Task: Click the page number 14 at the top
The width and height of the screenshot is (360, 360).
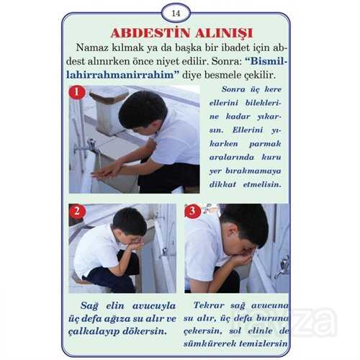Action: click(176, 14)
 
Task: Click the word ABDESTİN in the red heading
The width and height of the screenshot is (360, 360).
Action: click(150, 33)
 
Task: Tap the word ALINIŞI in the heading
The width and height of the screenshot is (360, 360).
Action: click(224, 33)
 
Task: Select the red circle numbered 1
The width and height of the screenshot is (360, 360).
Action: click(77, 92)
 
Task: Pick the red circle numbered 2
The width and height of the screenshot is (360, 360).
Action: click(77, 212)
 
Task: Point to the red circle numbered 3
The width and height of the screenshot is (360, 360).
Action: click(192, 211)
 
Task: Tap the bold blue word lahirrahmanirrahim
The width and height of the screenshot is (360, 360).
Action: click(120, 75)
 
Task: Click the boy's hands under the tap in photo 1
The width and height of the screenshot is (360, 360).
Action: click(106, 171)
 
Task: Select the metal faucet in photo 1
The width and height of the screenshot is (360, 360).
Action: click(89, 147)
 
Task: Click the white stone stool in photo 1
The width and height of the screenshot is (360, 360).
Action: click(110, 109)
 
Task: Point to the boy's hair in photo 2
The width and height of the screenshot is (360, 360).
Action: click(130, 221)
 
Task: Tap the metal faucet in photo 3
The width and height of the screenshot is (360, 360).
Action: click(282, 266)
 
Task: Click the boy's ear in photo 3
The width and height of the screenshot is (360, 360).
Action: click(233, 232)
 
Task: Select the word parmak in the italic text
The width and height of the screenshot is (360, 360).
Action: click(265, 144)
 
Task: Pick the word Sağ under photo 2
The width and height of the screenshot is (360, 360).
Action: click(89, 306)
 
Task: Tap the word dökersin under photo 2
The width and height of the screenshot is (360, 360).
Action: click(145, 331)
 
